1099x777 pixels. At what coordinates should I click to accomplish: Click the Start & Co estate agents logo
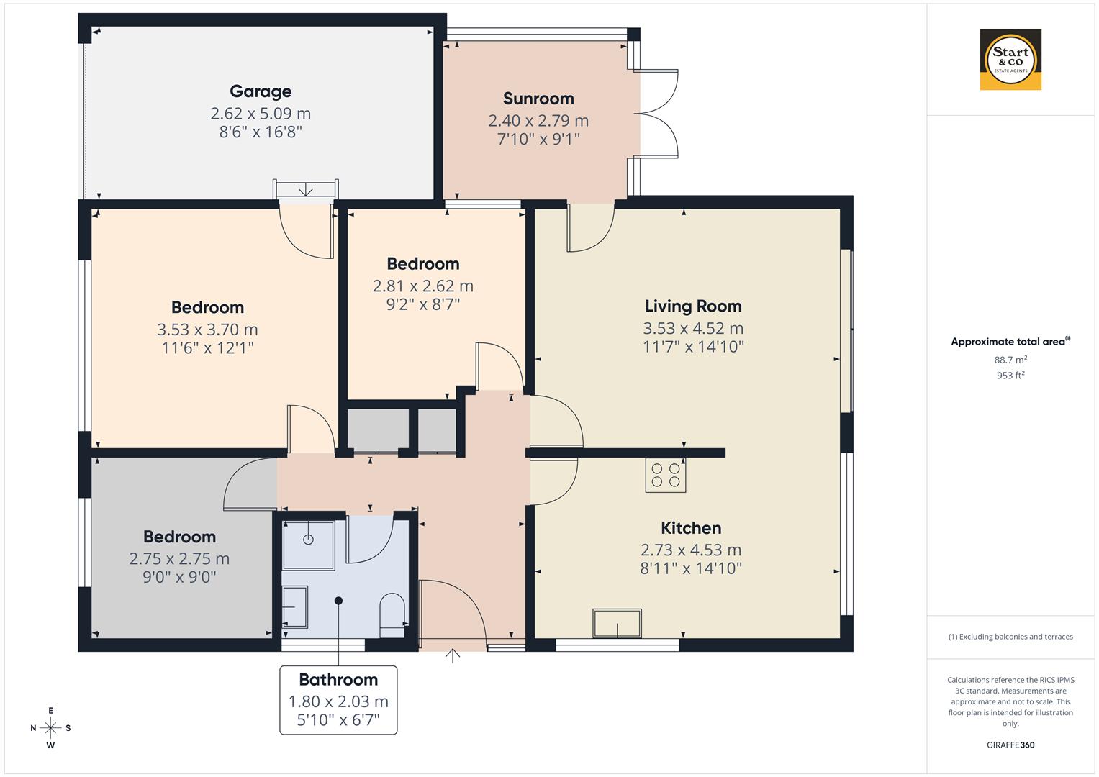click(1010, 59)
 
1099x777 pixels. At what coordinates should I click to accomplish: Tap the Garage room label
click(261, 91)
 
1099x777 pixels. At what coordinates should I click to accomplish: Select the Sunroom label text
click(538, 99)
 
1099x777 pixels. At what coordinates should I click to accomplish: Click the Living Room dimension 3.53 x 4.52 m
click(693, 328)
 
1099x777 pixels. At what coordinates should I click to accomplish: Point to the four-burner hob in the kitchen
click(666, 475)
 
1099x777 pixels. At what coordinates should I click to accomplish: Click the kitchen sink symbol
click(617, 623)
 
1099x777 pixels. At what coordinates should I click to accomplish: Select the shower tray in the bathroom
click(308, 545)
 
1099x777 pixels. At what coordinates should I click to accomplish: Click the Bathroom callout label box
click(338, 699)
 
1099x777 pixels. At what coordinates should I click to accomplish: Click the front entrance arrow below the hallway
click(453, 655)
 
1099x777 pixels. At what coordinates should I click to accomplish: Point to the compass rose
click(50, 727)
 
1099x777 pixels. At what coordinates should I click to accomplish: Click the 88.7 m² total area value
click(1010, 360)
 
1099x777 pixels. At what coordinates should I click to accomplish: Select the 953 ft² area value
click(1010, 376)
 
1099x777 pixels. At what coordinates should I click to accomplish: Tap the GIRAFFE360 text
click(1010, 745)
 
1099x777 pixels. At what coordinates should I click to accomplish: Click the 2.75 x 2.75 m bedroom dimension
click(179, 558)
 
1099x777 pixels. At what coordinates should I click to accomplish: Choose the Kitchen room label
click(691, 528)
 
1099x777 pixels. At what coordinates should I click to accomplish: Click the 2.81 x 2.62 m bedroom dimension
click(423, 286)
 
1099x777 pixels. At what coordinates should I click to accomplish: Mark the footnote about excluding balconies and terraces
click(1010, 637)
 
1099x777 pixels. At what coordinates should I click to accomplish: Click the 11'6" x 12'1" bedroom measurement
click(207, 348)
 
